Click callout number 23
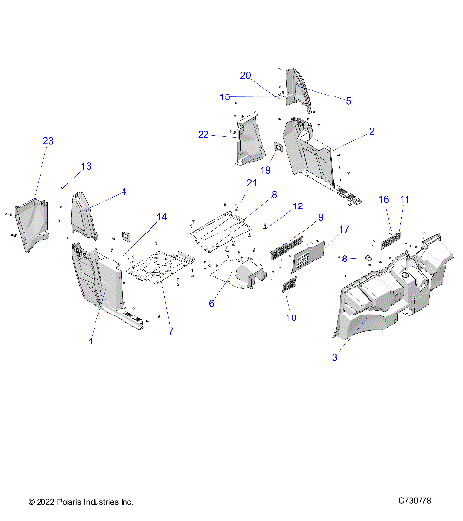tap(48, 141)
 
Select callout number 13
tap(86, 167)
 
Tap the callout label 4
tap(123, 192)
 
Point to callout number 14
tap(161, 217)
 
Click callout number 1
tap(91, 342)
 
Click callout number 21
tap(252, 182)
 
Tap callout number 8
tap(273, 194)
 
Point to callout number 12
tap(297, 206)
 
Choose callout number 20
tap(245, 75)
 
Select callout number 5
tap(348, 100)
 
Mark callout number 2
tap(371, 131)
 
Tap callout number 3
tap(334, 357)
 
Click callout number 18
tap(340, 259)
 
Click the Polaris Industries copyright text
tap(81, 503)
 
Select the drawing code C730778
tap(419, 503)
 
